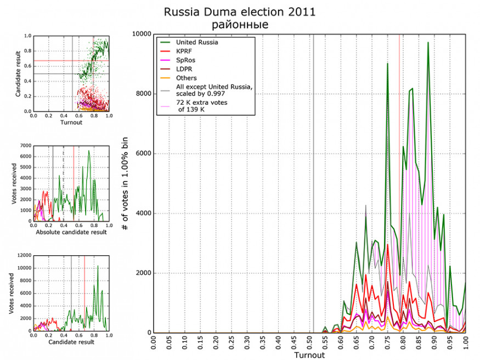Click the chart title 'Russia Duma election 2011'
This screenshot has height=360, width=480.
point(240,12)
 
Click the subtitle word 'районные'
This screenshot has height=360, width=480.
point(240,25)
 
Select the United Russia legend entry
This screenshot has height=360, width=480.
point(197,42)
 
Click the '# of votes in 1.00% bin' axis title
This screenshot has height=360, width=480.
point(125,183)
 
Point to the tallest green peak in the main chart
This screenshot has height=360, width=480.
point(428,42)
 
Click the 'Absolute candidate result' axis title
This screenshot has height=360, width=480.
point(71,233)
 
